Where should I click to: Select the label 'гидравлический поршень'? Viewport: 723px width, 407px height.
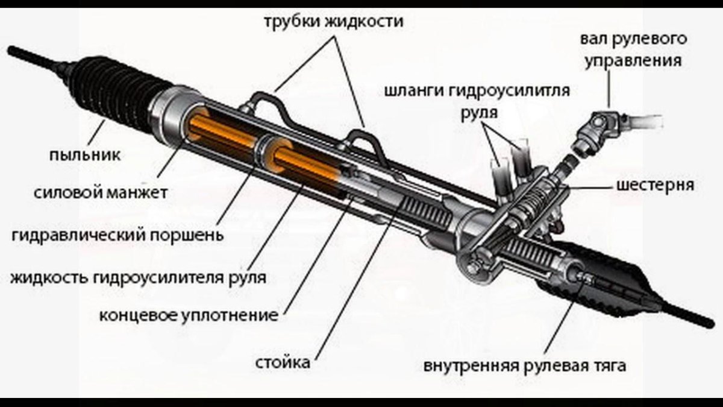click(117, 234)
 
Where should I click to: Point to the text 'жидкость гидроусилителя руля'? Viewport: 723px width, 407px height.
click(138, 277)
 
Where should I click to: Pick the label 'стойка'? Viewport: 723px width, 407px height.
click(283, 363)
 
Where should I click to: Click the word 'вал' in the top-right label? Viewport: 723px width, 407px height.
click(594, 40)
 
